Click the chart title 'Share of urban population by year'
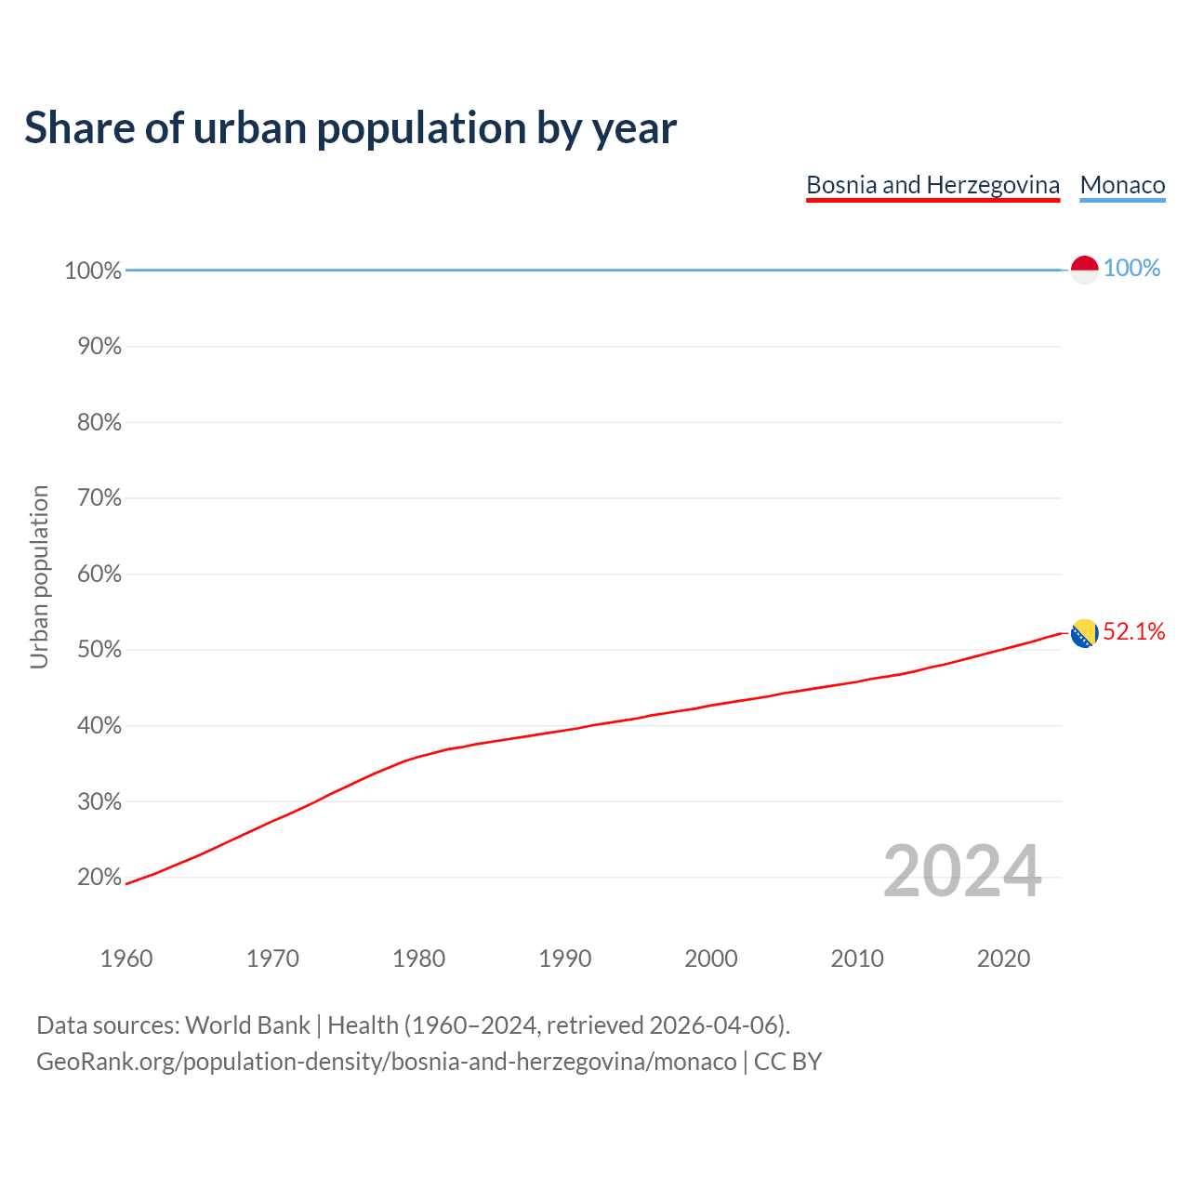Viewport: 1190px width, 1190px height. (x=350, y=128)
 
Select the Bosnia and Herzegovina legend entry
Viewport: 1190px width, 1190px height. (x=932, y=185)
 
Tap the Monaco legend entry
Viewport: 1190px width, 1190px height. (x=1122, y=185)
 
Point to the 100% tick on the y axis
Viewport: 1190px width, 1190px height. (x=93, y=271)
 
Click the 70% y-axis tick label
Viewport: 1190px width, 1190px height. (x=99, y=498)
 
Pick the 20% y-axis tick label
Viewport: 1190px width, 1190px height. (x=99, y=877)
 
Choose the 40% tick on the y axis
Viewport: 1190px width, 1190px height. (x=99, y=725)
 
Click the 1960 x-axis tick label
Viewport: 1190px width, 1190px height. (x=126, y=959)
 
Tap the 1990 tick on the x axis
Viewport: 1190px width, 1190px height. (x=564, y=959)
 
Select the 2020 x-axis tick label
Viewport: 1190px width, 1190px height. (x=1003, y=959)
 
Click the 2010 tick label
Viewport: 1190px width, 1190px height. (x=857, y=959)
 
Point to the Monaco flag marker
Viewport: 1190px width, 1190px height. (x=1084, y=269)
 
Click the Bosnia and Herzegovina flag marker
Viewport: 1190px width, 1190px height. (x=1084, y=633)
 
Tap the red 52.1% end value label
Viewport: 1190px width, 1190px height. (x=1133, y=632)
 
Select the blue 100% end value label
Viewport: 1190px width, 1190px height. (x=1131, y=268)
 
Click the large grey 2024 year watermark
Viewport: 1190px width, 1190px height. (x=962, y=871)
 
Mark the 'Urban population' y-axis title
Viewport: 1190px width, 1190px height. (x=39, y=576)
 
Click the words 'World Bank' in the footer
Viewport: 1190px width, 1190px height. (x=247, y=1025)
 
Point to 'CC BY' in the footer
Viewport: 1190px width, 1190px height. (x=787, y=1062)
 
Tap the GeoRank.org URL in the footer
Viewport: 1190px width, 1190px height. (x=386, y=1062)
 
